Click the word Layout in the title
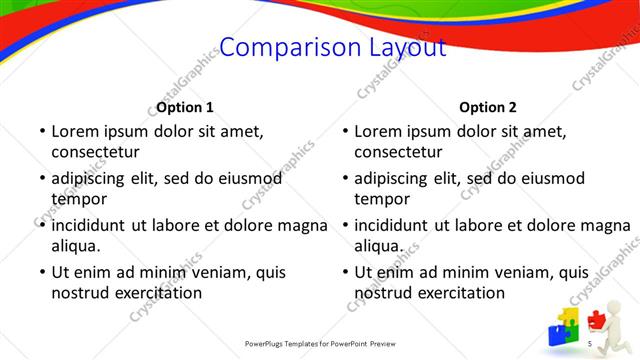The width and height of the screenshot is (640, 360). (x=399, y=48)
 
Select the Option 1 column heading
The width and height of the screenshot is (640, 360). (x=185, y=107)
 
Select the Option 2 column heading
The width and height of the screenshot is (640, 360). (x=488, y=107)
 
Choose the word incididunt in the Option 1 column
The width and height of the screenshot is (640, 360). (x=95, y=225)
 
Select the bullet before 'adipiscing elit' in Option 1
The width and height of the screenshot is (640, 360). (x=42, y=178)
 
